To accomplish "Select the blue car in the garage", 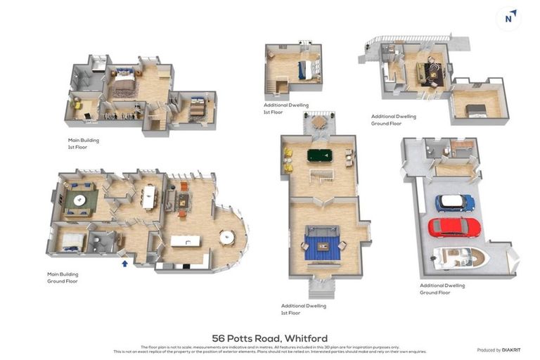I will click(454, 202).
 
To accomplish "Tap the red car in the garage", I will click(454, 226).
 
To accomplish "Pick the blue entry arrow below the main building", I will click(124, 263).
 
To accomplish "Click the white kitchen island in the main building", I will click(186, 241).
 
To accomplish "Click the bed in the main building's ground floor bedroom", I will click(72, 241).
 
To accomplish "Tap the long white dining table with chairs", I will click(148, 197).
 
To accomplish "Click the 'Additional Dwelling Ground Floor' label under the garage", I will click(442, 289).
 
